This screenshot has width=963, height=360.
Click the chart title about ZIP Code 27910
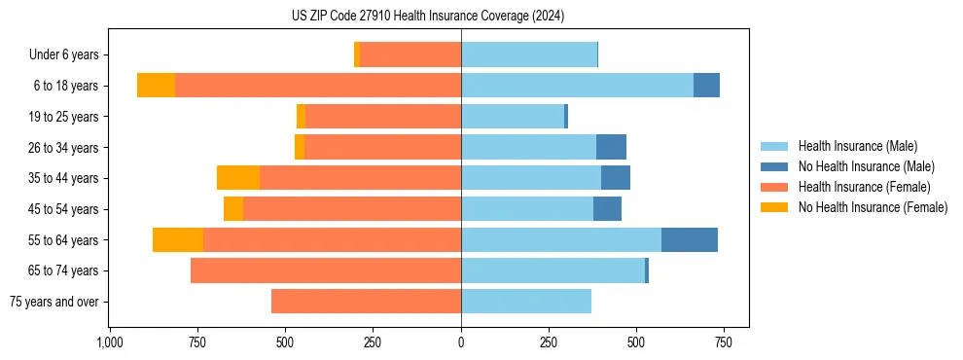point(428,17)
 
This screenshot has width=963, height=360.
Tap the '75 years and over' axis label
point(53,302)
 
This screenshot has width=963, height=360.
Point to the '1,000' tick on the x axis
point(109,342)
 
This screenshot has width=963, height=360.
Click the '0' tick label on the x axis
point(461,342)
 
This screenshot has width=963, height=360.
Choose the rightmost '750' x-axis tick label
point(724,342)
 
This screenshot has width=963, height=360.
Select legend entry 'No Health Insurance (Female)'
point(873,207)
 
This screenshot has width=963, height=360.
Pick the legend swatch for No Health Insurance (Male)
point(774,166)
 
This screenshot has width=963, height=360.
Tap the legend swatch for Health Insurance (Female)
point(774,187)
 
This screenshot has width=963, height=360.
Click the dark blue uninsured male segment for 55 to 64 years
point(689,239)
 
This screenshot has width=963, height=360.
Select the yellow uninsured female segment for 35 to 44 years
point(238,178)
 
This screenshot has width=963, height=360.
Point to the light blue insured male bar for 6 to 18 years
point(577,86)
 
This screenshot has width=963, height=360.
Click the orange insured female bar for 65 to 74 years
point(326,270)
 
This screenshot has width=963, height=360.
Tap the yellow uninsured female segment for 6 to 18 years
point(156,86)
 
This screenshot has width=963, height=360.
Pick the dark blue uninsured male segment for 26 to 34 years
point(611,147)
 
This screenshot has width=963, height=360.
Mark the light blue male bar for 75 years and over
point(526,302)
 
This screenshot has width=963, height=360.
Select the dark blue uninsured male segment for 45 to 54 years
point(607,209)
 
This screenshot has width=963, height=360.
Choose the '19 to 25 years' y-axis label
point(64,117)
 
